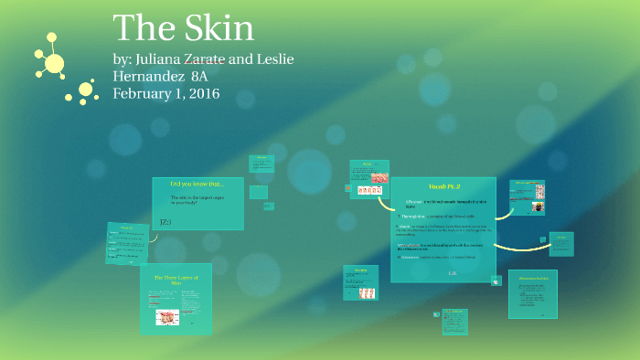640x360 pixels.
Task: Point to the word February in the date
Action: (x=144, y=93)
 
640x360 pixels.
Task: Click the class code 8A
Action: (x=206, y=76)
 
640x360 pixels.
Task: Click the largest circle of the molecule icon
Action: (x=54, y=63)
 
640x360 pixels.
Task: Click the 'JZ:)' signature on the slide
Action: (x=165, y=221)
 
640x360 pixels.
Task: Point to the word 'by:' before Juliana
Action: (x=121, y=59)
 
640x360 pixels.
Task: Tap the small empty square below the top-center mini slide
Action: (x=259, y=192)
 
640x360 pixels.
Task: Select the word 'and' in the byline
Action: (x=241, y=59)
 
